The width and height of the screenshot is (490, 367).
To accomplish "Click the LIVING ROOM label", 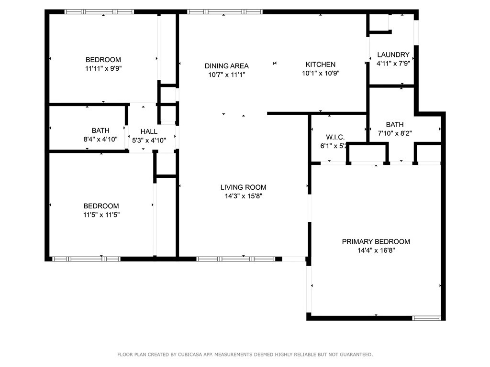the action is point(244,187).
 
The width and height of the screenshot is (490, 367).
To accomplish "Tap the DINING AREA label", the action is point(226,66).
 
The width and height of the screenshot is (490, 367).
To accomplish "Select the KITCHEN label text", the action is point(321,65).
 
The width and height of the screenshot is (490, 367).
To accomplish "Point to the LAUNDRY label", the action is point(393,54).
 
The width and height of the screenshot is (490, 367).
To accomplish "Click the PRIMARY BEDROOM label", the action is point(376,241).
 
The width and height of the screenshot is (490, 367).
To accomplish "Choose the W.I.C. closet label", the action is point(335,137).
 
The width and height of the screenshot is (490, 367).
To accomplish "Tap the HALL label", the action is point(149,131).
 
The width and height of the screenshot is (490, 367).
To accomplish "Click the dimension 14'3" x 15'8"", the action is point(244,196).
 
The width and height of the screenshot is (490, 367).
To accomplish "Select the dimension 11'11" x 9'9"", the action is point(103,68).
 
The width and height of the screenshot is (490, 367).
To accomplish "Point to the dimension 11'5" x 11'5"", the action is point(101,215).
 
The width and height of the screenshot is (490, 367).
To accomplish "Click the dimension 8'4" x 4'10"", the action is point(100,139).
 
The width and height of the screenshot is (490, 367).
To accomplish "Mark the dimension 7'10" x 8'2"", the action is point(395,133).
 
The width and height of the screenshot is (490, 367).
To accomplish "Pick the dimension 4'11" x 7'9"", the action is point(393,64).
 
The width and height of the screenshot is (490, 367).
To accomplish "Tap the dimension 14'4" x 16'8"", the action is point(376,250).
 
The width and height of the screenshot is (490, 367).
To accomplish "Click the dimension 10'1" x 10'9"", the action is point(321,73).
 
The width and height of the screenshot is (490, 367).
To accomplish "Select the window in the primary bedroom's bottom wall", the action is point(426,318).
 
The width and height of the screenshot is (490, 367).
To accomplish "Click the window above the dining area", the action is point(225,12).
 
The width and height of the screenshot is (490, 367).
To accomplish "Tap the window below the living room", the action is point(235,259).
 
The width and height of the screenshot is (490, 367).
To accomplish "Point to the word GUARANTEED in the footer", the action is point(356,355).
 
